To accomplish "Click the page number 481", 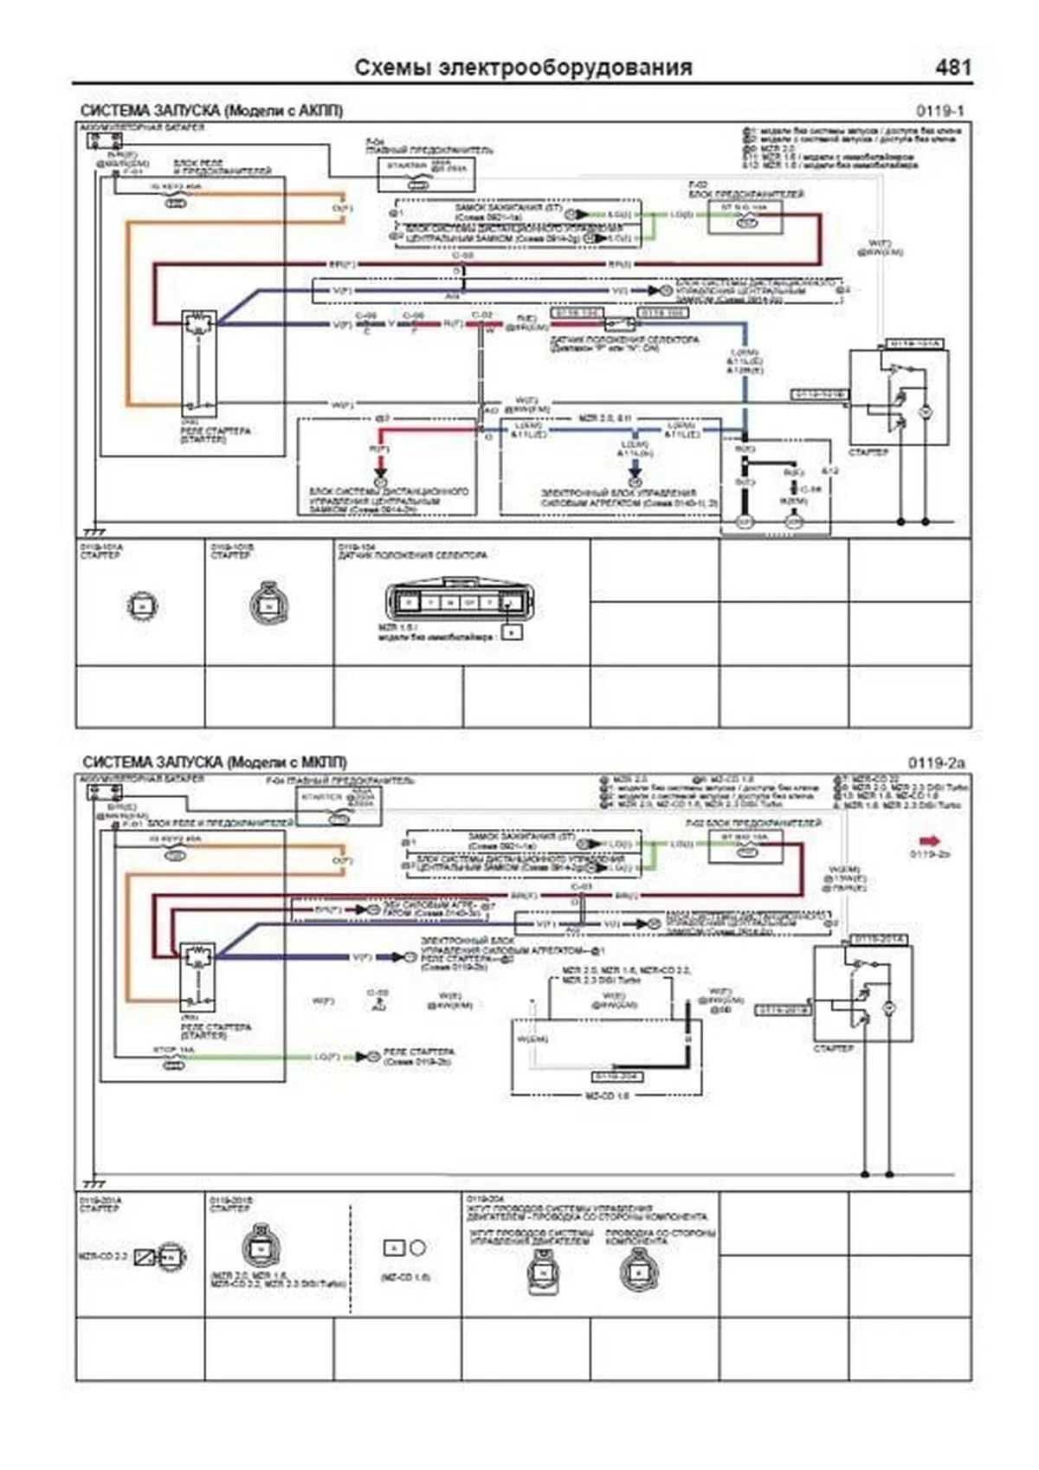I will (x=952, y=68).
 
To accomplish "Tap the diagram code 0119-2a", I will (x=935, y=763).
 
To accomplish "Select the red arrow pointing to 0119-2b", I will (x=930, y=840).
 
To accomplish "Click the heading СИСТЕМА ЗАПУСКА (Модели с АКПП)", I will (x=211, y=111).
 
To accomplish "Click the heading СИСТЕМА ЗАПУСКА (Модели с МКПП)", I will (x=214, y=762).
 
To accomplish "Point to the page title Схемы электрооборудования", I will (x=523, y=68).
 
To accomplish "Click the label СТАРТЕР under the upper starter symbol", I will (x=868, y=453).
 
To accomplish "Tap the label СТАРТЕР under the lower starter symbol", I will (x=833, y=1048).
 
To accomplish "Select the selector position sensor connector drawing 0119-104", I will (x=459, y=602).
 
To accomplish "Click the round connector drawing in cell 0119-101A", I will (x=142, y=605).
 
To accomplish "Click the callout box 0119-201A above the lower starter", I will (x=878, y=940).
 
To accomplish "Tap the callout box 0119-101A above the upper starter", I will (x=915, y=344).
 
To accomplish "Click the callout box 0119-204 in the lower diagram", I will (x=616, y=1076).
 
